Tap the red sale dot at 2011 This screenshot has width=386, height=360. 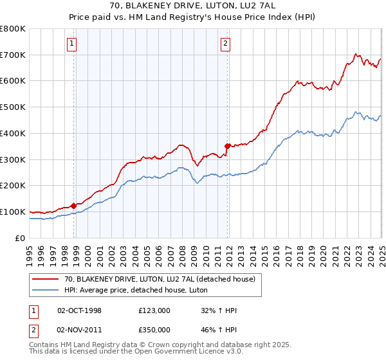pyautogui.click(x=227, y=146)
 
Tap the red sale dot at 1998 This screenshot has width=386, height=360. pyautogui.click(x=73, y=206)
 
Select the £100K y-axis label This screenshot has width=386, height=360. pyautogui.click(x=14, y=212)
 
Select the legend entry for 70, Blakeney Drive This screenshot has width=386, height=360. pyautogui.click(x=160, y=279)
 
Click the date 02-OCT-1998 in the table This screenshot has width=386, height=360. pyautogui.click(x=79, y=310)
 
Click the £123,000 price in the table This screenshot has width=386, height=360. pyautogui.click(x=154, y=310)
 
